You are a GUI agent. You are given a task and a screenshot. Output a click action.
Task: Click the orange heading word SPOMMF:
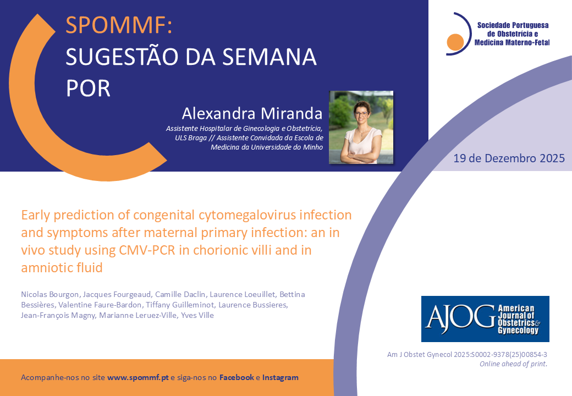point(119,25)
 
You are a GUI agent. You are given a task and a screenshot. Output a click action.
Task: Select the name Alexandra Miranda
point(252,113)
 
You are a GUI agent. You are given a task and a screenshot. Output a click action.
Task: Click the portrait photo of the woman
point(361,127)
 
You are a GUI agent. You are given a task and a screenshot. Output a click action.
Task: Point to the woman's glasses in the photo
point(361,114)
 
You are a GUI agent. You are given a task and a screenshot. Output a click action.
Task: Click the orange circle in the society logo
point(455,42)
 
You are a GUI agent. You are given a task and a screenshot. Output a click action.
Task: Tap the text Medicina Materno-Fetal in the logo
point(512,43)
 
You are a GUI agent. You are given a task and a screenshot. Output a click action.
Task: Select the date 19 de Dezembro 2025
point(509,158)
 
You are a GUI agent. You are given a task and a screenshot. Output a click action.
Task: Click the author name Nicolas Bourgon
point(50,294)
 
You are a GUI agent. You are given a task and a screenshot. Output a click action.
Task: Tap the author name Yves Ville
point(197,315)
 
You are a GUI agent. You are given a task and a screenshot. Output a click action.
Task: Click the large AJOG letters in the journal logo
point(460,318)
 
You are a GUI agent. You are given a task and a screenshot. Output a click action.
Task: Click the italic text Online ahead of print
point(513,364)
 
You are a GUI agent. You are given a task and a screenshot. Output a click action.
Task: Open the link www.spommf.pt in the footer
point(138,377)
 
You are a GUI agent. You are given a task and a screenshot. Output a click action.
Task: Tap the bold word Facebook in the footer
point(237,377)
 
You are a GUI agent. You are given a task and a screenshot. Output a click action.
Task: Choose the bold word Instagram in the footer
point(280,378)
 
